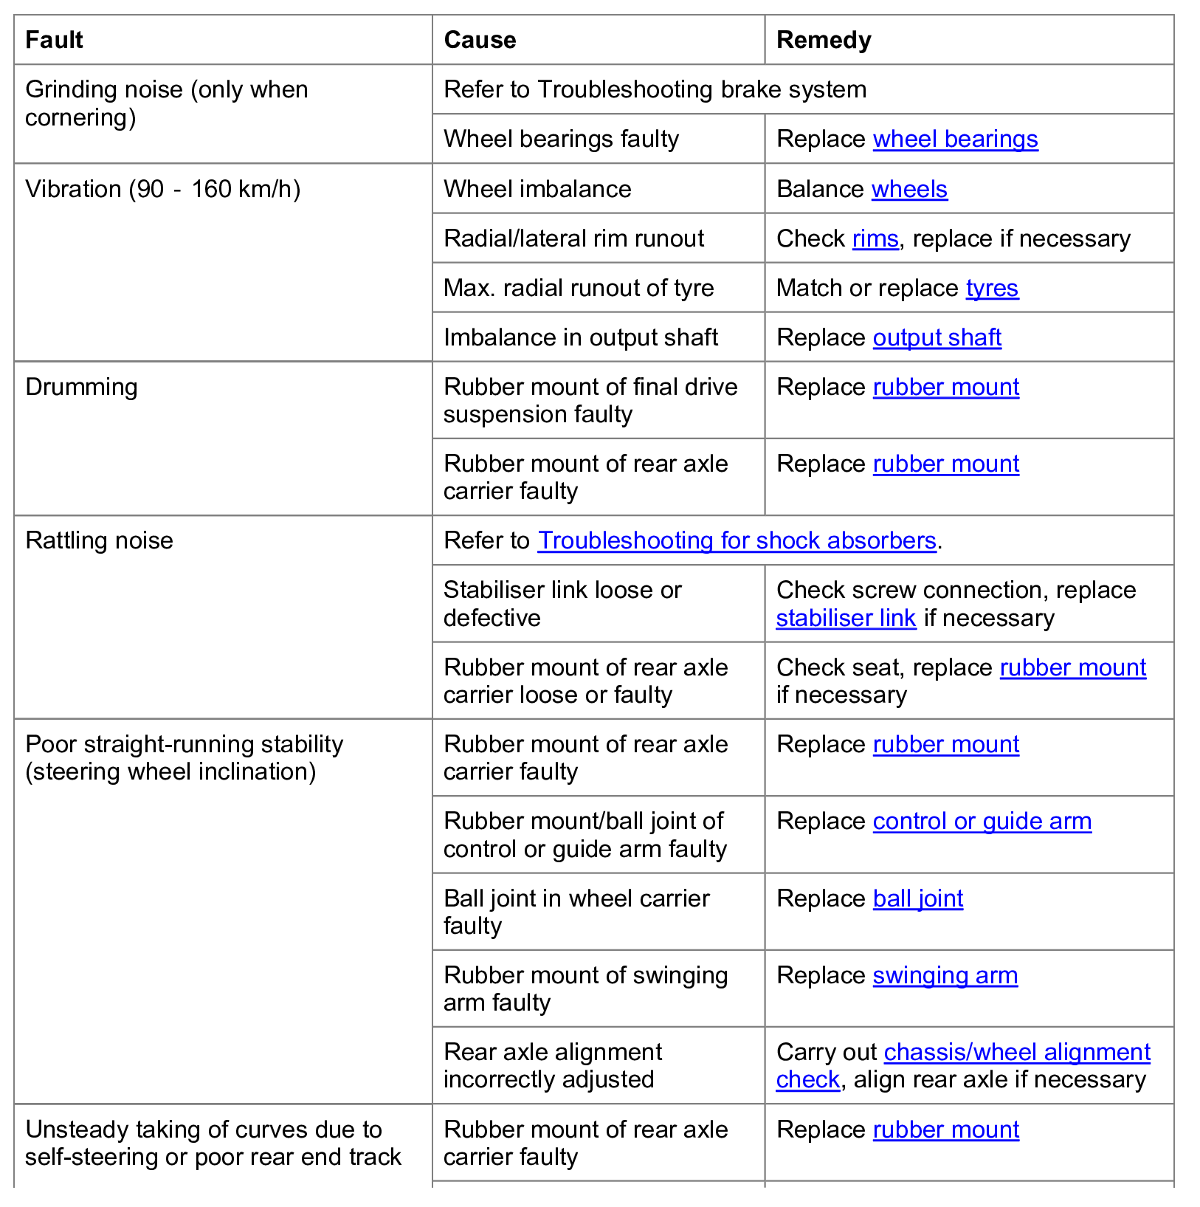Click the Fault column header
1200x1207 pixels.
(54, 40)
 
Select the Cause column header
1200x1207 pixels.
(480, 40)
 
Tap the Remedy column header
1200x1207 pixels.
(824, 40)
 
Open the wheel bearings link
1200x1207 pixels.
(955, 139)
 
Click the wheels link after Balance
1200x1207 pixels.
(909, 189)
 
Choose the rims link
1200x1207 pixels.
(875, 238)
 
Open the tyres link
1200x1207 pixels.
(992, 288)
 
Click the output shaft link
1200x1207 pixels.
(937, 337)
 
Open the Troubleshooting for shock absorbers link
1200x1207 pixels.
(737, 540)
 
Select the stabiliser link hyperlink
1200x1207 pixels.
(846, 618)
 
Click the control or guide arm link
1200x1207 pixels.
(982, 821)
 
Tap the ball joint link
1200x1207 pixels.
(918, 898)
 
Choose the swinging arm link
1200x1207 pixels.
(945, 975)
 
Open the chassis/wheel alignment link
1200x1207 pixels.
(1017, 1052)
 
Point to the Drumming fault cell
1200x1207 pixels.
(81, 387)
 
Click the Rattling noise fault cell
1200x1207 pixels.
(99, 540)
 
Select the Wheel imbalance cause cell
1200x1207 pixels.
(537, 189)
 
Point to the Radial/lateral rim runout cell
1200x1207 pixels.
(573, 238)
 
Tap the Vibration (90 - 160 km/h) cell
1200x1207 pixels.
(162, 189)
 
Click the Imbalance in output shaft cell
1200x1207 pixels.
(580, 337)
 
